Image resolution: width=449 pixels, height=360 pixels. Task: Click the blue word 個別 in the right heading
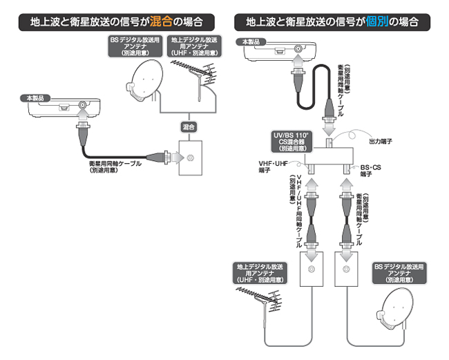(373, 21)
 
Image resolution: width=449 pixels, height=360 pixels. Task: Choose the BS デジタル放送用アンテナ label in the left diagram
(131, 46)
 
